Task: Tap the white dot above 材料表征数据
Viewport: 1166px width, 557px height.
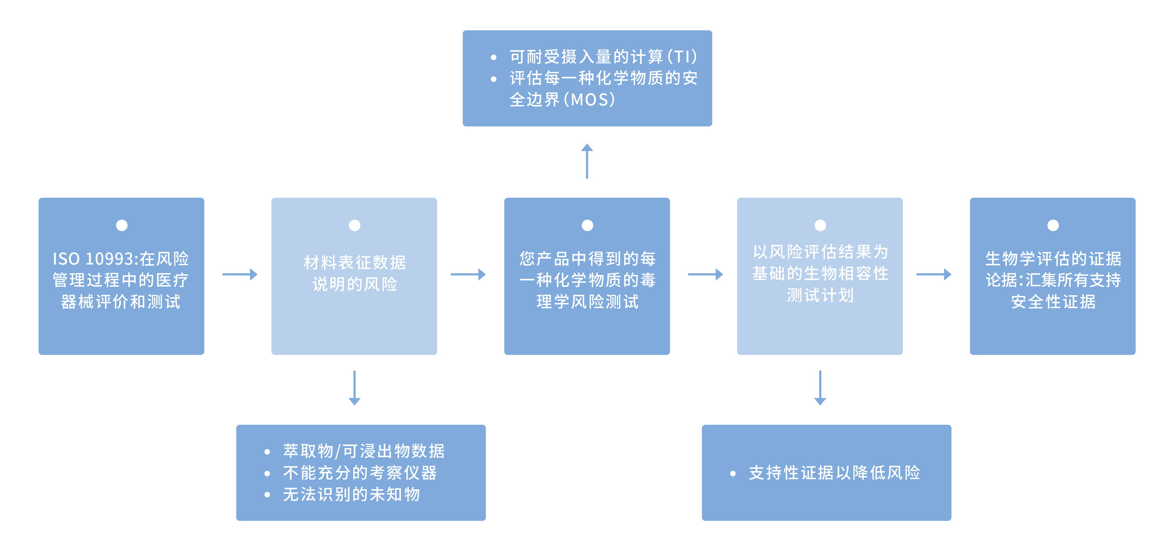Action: tap(354, 225)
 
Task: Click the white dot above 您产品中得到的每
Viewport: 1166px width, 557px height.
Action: tap(587, 225)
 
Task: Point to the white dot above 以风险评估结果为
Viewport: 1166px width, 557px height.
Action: tap(820, 225)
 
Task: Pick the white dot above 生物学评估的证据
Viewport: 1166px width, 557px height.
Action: tap(1053, 225)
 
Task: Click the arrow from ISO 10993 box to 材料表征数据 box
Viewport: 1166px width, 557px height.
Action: tap(240, 274)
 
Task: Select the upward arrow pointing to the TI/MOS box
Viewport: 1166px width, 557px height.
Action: tap(587, 161)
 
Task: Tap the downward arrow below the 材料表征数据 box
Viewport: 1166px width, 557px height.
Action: tap(354, 388)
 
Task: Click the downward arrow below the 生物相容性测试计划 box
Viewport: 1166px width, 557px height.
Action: tap(820, 388)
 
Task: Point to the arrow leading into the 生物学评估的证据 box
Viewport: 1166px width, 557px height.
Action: tap(933, 274)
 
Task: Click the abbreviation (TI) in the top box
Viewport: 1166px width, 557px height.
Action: tap(682, 57)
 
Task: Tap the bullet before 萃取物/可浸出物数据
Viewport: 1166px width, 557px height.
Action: tap(267, 452)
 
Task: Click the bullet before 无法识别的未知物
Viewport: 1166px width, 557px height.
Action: tap(267, 495)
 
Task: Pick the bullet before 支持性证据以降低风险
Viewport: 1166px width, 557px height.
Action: tap(733, 474)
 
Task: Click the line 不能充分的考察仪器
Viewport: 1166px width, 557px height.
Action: tap(360, 473)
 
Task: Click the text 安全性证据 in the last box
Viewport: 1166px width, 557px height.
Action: tap(1053, 302)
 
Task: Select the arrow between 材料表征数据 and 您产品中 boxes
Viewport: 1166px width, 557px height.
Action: tap(468, 274)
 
